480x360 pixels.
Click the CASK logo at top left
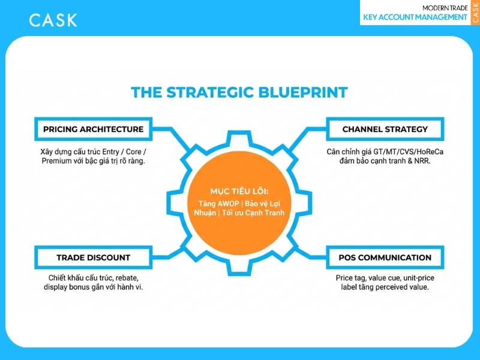[x=53, y=20]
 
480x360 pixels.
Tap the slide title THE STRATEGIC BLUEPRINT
[x=239, y=92]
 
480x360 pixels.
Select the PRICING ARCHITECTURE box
[x=94, y=129]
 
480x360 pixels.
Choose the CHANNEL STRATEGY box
[x=385, y=129]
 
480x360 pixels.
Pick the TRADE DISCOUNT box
[x=94, y=257]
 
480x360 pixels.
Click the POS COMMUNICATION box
[x=385, y=257]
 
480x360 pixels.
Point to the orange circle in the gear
[x=239, y=203]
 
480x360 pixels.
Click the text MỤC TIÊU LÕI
[x=239, y=191]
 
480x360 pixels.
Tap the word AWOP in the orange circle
[x=228, y=203]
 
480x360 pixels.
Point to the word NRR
[x=422, y=161]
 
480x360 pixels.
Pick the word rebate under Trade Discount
[x=127, y=278]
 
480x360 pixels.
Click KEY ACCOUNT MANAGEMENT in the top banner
[x=415, y=17]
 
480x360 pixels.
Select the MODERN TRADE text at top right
[x=445, y=8]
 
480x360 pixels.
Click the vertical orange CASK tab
[x=475, y=12]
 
